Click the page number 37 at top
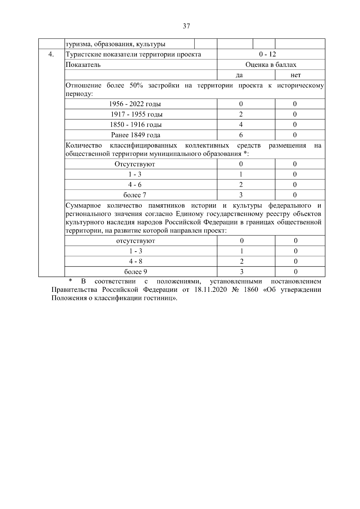(186, 26)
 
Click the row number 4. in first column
(51, 54)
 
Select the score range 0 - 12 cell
(268, 54)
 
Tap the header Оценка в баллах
(271, 65)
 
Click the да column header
(239, 75)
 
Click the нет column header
(295, 75)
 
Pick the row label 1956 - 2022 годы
(135, 104)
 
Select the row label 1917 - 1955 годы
(136, 114)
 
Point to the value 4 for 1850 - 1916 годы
(241, 124)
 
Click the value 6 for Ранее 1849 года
(241, 135)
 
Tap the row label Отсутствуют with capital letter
(135, 164)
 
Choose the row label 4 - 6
(135, 185)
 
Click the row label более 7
(135, 195)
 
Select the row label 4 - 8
(136, 261)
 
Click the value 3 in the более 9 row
(241, 272)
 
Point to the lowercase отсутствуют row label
(136, 241)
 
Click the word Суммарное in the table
(83, 205)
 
